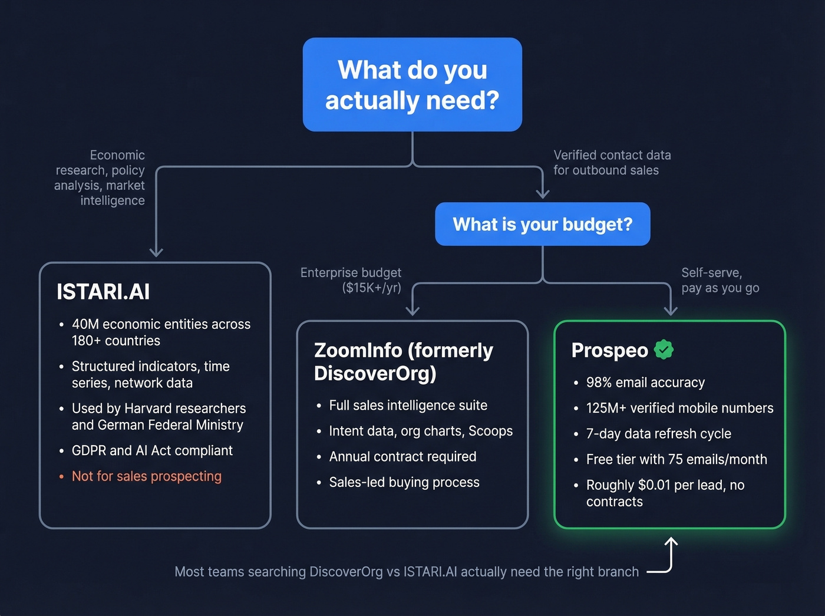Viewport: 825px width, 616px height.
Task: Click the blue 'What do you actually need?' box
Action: [x=412, y=85]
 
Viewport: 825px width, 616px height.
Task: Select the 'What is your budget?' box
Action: [x=542, y=224]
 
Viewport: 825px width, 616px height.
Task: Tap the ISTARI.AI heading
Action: [x=103, y=292]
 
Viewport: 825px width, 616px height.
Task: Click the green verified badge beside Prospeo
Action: [x=664, y=350]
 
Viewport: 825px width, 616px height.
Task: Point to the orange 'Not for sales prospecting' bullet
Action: [x=146, y=476]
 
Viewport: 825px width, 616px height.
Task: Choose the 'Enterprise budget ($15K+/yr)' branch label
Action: [x=351, y=280]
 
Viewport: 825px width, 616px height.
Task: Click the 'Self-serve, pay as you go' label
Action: [x=720, y=280]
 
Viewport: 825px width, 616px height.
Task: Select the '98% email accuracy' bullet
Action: [x=645, y=383]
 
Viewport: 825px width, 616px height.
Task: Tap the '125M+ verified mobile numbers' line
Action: [x=679, y=408]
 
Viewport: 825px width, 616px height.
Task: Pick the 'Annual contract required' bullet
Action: [x=402, y=457]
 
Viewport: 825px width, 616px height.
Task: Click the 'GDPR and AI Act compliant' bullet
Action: [x=152, y=451]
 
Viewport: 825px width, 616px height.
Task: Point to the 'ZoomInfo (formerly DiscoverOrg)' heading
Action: [x=404, y=361]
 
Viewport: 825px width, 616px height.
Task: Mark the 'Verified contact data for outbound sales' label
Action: [x=612, y=163]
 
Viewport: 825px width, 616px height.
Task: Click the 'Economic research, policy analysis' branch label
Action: [x=100, y=177]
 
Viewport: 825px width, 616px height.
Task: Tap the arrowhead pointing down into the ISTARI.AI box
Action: [x=156, y=252]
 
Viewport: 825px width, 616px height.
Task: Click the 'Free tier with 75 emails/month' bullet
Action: [x=676, y=459]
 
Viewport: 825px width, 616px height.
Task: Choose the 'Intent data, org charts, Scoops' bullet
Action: [x=421, y=431]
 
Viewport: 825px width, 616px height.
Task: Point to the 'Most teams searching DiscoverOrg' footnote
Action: [x=407, y=572]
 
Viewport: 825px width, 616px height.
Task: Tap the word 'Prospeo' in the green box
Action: [x=610, y=350]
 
